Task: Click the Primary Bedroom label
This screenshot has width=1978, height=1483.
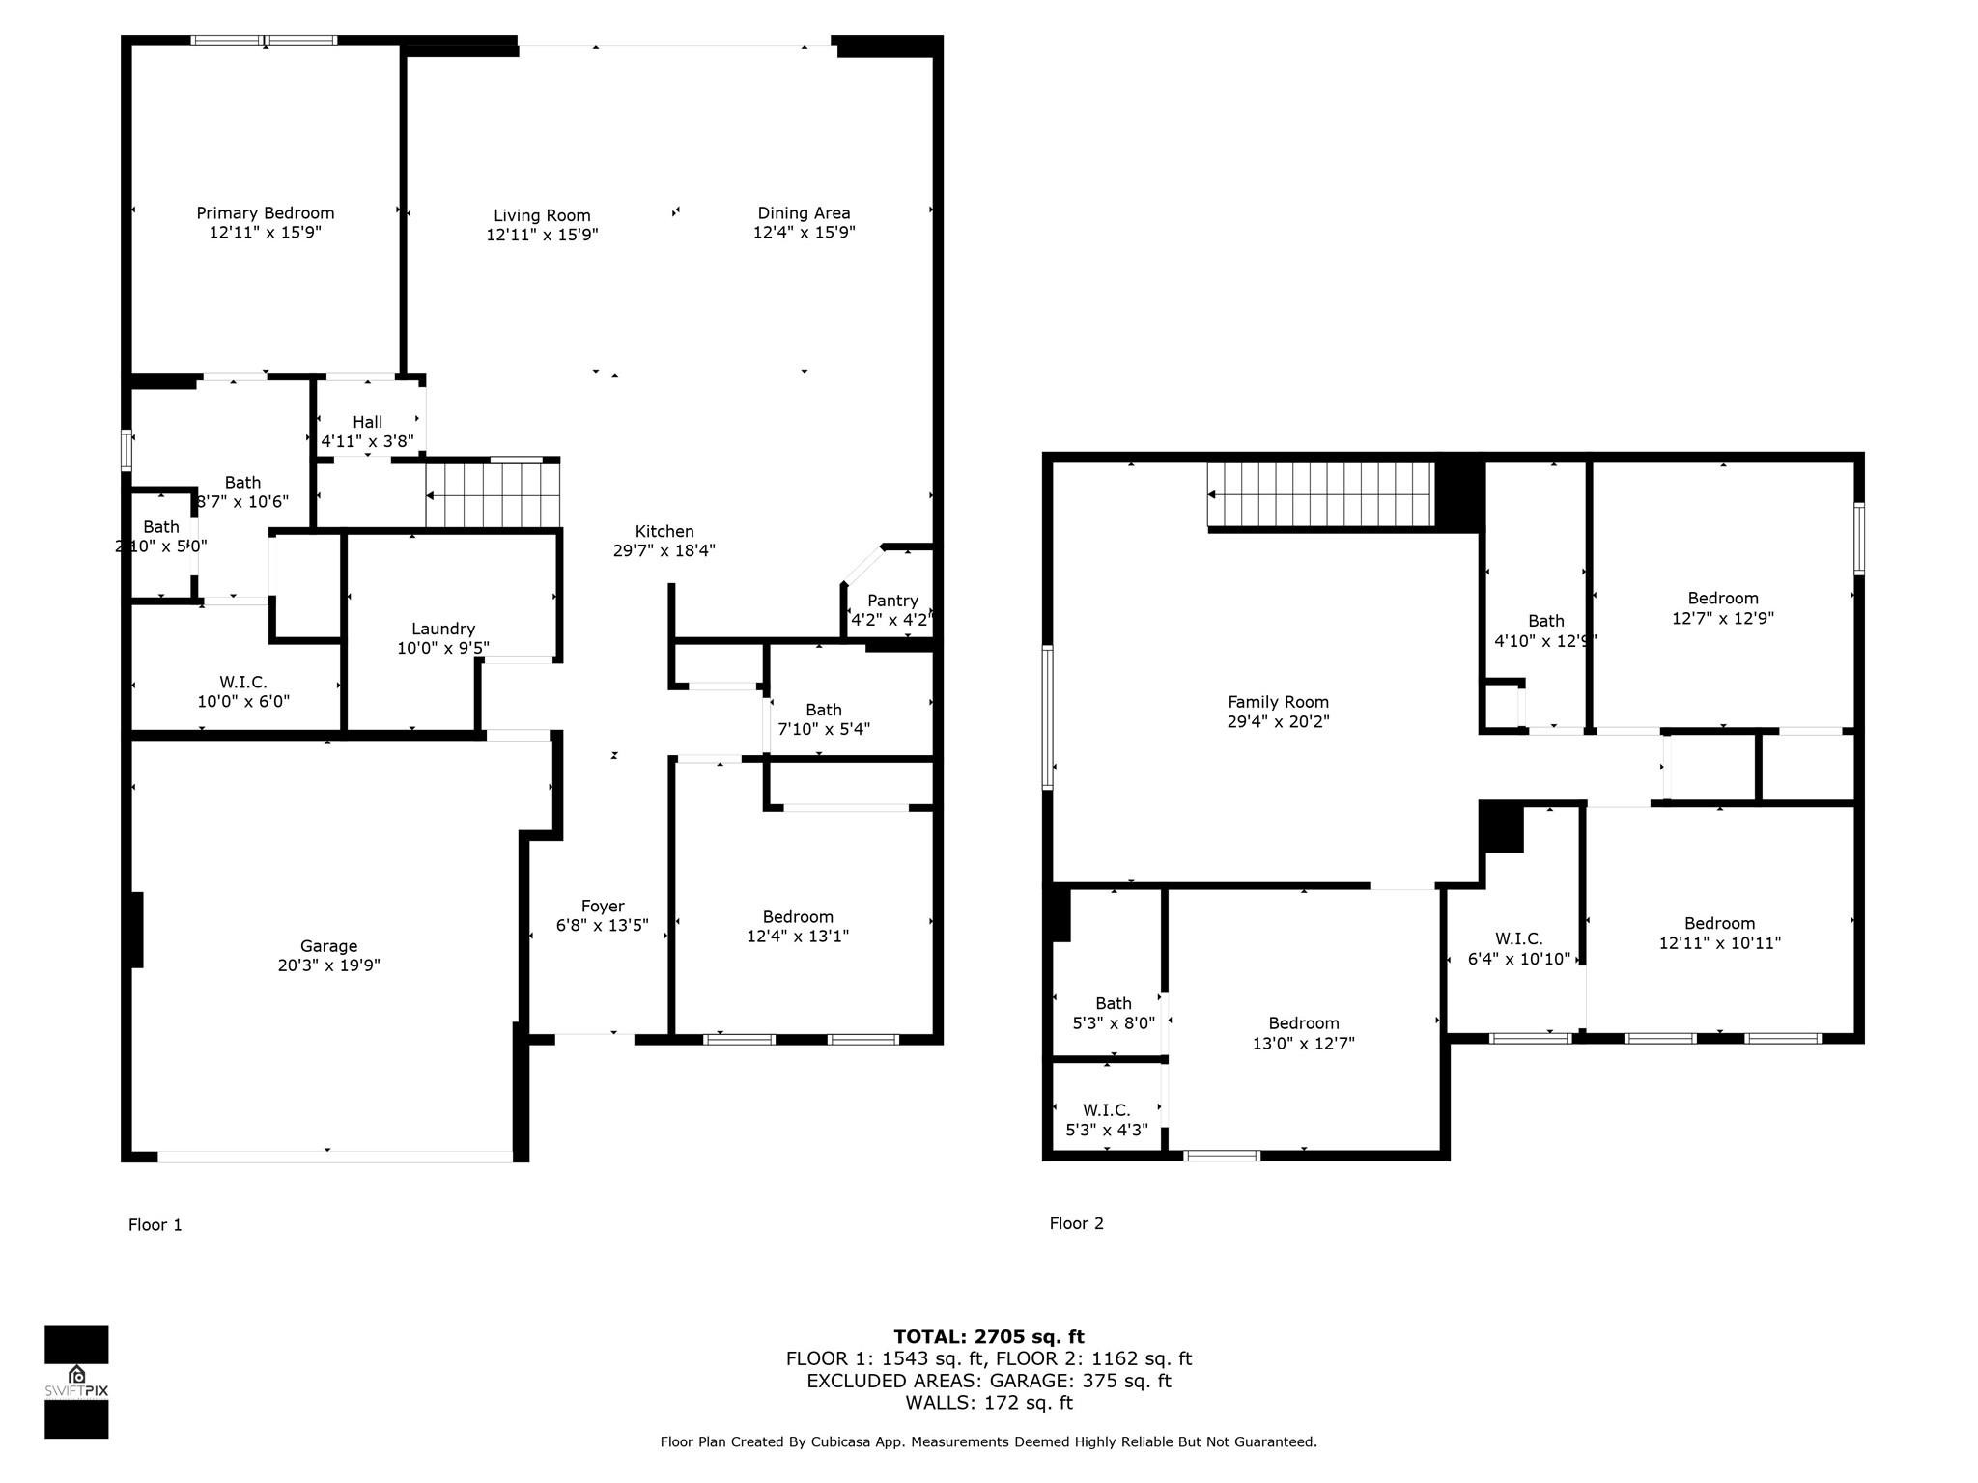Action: [x=265, y=213]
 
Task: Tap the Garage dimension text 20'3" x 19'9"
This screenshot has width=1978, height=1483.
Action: [x=328, y=965]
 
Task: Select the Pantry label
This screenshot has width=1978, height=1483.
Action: [x=892, y=601]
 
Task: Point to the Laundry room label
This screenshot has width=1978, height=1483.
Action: [x=443, y=629]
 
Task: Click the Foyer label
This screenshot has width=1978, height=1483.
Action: [x=603, y=906]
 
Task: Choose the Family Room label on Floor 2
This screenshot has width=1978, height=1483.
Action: [x=1278, y=702]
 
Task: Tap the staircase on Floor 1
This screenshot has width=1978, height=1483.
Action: [x=494, y=495]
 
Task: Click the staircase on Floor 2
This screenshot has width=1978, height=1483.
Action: [x=1320, y=494]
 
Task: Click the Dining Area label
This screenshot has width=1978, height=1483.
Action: [x=804, y=213]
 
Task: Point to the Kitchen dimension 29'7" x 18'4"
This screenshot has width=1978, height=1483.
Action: [x=664, y=550]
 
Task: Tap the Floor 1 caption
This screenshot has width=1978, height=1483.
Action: [x=155, y=1224]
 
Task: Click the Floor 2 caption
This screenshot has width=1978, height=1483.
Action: [x=1076, y=1223]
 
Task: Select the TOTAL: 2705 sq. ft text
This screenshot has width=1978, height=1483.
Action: [x=988, y=1336]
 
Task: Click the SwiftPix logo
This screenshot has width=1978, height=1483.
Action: [x=76, y=1382]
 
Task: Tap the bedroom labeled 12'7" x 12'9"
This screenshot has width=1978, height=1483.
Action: [x=1722, y=608]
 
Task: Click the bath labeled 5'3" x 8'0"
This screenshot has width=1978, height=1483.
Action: [x=1113, y=1013]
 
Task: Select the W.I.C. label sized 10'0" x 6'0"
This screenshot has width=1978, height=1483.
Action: [x=243, y=691]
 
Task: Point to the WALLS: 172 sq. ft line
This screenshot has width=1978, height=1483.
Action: [x=988, y=1402]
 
